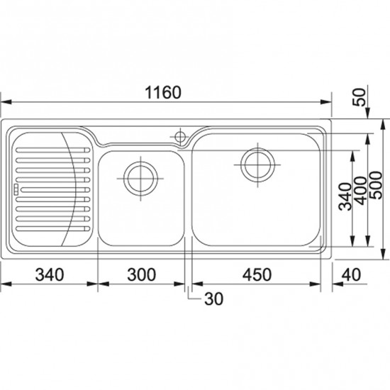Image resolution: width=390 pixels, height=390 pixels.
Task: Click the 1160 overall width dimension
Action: tap(163, 92)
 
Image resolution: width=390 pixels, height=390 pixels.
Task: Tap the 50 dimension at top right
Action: tap(360, 97)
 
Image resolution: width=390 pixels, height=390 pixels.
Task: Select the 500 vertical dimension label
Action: tap(376, 185)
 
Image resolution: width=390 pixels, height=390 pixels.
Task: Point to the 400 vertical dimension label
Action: tap(361, 191)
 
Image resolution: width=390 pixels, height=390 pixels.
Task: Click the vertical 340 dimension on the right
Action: tap(346, 196)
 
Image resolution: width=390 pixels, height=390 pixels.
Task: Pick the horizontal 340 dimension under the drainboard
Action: tap(50, 274)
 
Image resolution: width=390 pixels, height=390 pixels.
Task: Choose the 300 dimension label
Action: tap(142, 274)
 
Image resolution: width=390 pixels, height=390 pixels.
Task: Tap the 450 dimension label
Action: tap(257, 274)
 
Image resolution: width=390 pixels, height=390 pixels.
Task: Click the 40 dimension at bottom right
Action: tap(351, 274)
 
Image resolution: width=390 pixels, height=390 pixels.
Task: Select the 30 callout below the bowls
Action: tap(214, 299)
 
